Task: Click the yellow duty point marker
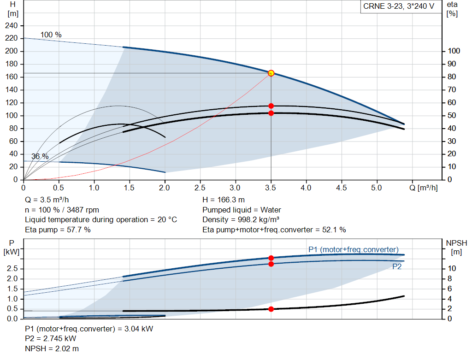point(271,73)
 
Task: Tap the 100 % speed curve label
point(51,35)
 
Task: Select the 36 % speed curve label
point(40,157)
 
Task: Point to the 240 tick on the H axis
point(12,26)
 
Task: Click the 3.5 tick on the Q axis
point(271,188)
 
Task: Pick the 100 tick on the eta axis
point(454,51)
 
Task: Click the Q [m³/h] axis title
point(424,188)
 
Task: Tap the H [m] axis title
point(12,9)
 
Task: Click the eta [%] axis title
point(452,9)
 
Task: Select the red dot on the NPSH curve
point(271,309)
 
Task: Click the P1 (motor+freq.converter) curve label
point(354,249)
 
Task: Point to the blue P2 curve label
point(397,267)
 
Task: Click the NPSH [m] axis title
point(456,248)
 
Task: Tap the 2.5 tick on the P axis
point(12,268)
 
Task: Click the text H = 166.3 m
point(224,200)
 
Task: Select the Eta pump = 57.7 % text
point(58,230)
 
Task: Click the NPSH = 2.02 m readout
point(52,348)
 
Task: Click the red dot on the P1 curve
point(271,258)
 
